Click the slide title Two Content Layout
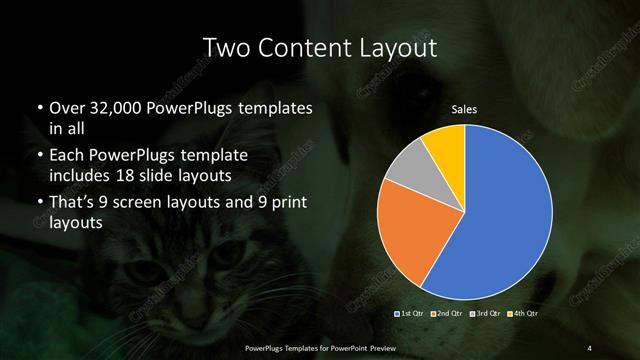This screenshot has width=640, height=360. (x=320, y=47)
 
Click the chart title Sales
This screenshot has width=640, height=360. (x=463, y=108)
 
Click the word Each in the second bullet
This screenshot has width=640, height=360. (x=68, y=156)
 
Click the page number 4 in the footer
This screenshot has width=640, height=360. (x=589, y=347)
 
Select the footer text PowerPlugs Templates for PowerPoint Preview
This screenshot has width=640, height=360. (x=320, y=347)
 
